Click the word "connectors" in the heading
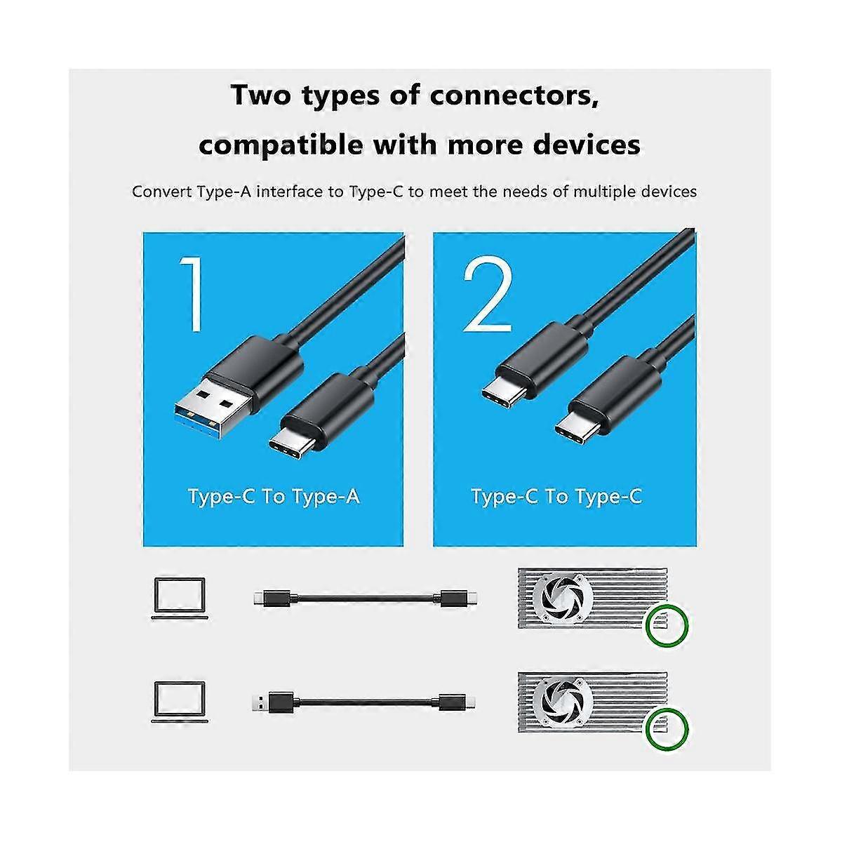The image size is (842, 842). tap(514, 95)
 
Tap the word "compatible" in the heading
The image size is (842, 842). tap(281, 145)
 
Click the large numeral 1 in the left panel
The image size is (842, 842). tap(192, 293)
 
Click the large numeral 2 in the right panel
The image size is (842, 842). tap(487, 293)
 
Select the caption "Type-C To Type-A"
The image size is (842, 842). tap(274, 497)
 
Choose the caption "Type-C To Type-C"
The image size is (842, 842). tap(556, 497)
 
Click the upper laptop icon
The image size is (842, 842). tap(180, 599)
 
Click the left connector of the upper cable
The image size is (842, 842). tap(272, 599)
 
